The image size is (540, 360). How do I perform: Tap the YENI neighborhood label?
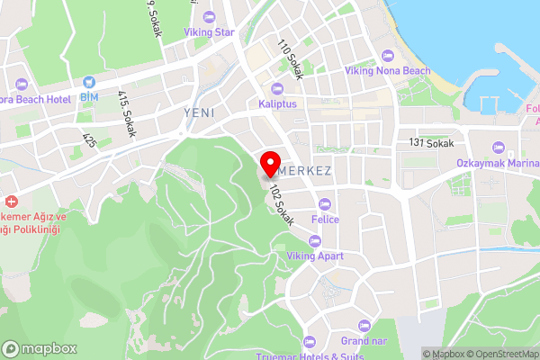(199, 112)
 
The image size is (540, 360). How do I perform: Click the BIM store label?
(89, 96)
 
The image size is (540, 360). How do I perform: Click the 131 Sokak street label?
(431, 142)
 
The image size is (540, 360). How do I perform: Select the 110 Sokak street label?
(290, 58)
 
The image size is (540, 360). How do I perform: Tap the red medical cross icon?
(11, 202)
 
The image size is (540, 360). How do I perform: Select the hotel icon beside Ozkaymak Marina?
(498, 148)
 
